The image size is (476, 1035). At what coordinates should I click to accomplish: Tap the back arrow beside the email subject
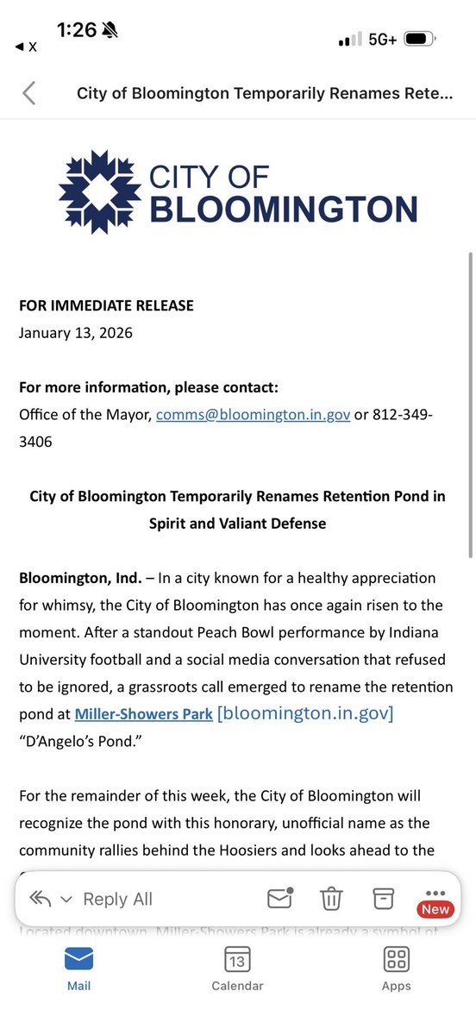click(x=28, y=93)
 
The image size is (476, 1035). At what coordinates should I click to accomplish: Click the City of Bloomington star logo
click(x=100, y=191)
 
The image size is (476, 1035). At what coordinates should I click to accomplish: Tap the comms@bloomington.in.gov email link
click(x=253, y=415)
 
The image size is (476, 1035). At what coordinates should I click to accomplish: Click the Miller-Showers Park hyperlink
click(x=144, y=714)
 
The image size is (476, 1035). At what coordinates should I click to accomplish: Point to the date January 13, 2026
click(x=76, y=332)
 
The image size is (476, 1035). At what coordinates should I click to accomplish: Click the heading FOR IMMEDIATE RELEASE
click(x=106, y=305)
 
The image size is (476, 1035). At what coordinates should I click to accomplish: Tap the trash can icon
click(x=331, y=899)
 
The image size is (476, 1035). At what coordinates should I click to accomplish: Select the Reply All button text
click(x=117, y=899)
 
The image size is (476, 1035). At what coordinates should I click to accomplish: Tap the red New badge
click(x=435, y=909)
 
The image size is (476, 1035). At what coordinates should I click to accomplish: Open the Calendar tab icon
click(x=237, y=959)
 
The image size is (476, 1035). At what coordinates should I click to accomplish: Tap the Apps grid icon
click(x=396, y=959)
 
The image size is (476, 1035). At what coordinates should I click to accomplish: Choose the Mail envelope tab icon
click(x=78, y=959)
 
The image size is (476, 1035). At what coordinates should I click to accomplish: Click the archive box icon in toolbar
click(x=383, y=898)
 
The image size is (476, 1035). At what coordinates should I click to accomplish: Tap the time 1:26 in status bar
click(x=77, y=30)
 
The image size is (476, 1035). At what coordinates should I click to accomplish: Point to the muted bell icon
click(x=110, y=30)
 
